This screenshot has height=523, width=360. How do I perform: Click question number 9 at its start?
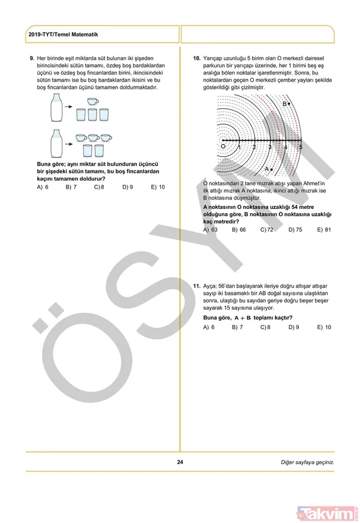32,58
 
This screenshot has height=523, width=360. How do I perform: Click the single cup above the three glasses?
93,102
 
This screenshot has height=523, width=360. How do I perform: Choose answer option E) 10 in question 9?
158,187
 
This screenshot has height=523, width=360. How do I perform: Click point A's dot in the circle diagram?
272,169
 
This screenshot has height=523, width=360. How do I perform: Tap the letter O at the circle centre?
223,146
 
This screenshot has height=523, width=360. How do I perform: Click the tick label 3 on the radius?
270,148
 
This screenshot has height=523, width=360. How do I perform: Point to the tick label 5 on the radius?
301,148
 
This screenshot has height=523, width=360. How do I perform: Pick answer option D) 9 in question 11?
295,327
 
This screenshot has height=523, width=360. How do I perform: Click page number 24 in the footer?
180,462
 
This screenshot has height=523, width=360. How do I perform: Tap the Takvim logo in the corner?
327,513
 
